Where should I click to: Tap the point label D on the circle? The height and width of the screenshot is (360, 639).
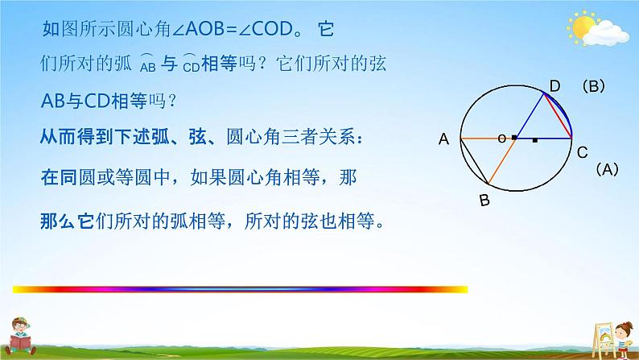point(554,86)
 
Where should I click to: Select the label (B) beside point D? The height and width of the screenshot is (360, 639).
point(593,86)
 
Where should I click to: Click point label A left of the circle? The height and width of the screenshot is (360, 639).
point(443,139)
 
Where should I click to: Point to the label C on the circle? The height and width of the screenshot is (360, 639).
point(583,152)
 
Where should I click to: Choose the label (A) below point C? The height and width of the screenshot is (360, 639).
point(608,169)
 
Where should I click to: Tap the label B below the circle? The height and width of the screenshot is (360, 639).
point(484,201)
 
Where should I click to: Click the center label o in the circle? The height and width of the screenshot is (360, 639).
point(501,139)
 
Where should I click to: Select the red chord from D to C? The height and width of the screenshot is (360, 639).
point(558,116)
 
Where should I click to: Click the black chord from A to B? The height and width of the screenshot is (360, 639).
point(474,160)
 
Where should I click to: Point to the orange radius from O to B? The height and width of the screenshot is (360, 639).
point(502,160)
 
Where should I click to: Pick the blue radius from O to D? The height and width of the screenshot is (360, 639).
point(530,116)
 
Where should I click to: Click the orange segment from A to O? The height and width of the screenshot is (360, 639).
point(489,139)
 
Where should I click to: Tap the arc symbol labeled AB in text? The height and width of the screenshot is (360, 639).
point(147,63)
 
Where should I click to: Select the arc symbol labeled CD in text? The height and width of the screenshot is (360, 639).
point(191,63)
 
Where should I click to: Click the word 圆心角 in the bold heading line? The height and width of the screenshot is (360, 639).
point(254,137)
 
